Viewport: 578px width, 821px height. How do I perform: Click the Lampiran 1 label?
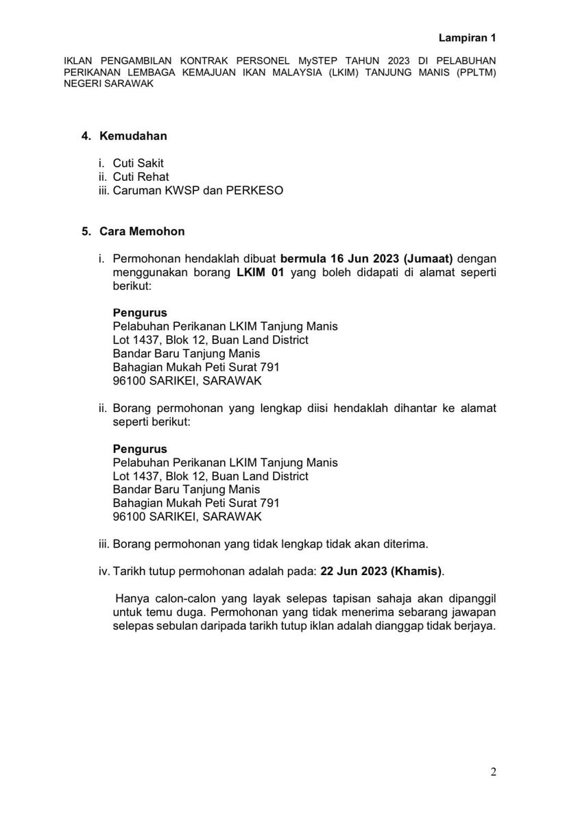coord(467,38)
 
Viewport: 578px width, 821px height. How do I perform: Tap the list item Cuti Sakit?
coord(139,163)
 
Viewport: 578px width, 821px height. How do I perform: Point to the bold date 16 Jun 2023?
coord(365,259)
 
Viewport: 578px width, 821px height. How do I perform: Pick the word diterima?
coord(405,544)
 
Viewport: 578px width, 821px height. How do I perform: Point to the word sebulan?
coord(177,624)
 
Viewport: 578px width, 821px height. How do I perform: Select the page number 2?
coord(493,772)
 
